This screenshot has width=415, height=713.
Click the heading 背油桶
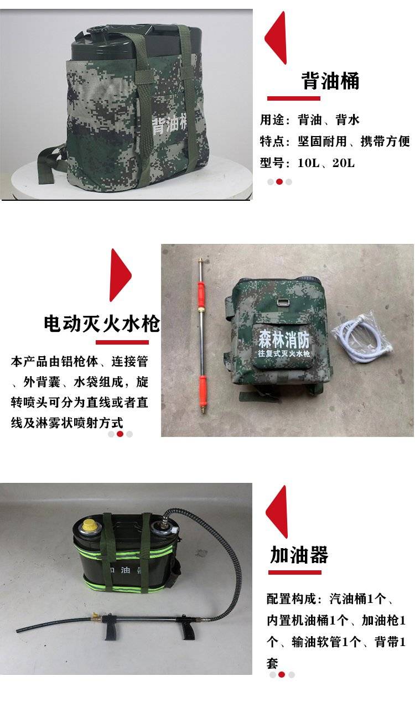(x=330, y=81)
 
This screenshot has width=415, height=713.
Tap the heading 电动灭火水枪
(x=102, y=324)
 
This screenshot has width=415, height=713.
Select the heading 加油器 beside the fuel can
(x=299, y=554)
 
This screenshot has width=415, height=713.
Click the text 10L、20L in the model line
(x=326, y=163)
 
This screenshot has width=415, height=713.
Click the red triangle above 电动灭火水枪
(x=121, y=275)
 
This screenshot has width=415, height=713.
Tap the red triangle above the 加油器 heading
(x=277, y=512)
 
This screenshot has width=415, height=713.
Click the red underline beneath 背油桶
(x=293, y=98)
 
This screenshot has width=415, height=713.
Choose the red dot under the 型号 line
(x=279, y=182)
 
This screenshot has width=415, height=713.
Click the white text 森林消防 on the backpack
(x=284, y=339)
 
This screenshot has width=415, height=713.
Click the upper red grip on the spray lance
(x=201, y=293)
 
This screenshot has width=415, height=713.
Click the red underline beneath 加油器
(x=294, y=573)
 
